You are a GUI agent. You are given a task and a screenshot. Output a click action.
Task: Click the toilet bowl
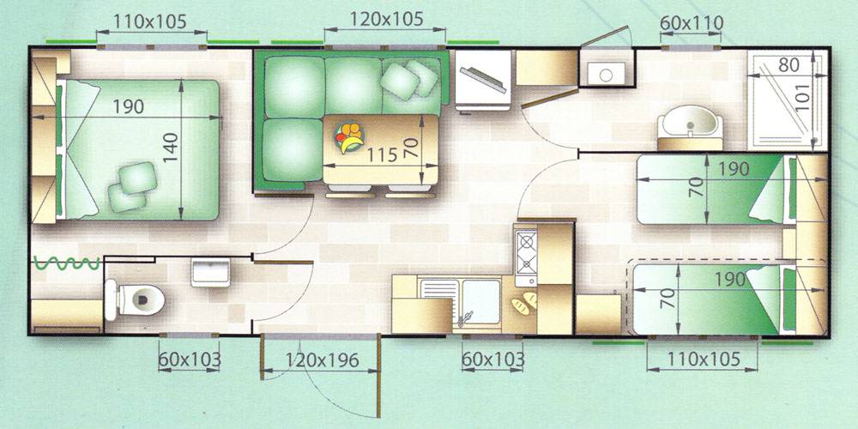136,299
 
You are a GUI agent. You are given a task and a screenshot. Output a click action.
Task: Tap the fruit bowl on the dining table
349,137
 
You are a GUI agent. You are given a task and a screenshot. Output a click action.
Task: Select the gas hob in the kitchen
527,253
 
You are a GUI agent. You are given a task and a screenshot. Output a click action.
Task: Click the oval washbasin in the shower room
690,122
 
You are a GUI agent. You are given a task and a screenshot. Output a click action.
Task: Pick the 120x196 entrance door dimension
323,360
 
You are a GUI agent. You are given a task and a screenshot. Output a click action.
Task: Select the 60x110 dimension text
692,23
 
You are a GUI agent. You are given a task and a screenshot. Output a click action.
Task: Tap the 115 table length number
382,154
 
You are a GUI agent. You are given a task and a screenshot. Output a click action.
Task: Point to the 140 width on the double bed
172,147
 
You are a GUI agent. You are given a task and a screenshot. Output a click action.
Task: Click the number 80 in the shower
789,65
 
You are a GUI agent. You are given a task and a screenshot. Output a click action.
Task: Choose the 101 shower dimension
802,96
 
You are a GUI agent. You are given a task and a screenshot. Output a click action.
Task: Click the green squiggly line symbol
66,263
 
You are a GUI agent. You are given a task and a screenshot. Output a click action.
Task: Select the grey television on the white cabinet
482,80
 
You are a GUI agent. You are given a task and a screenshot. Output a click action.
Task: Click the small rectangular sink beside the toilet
211,273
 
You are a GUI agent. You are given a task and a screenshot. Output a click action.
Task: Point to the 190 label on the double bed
129,106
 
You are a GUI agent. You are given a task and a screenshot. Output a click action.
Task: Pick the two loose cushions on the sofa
409,79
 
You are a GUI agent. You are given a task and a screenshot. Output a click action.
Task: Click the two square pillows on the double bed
132,186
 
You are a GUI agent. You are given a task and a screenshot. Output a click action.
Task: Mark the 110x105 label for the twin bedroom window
704,360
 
